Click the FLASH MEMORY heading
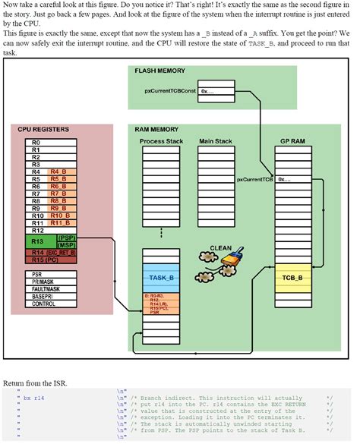161,71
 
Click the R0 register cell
50,142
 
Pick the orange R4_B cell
62,172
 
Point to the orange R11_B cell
62,222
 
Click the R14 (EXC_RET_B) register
50,252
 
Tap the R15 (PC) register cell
50,260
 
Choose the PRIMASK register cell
50,281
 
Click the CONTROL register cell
50,304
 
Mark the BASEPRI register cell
50,296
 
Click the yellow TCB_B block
293,277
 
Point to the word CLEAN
220,247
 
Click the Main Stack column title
216,141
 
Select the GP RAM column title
293,141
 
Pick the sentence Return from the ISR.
35,383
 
